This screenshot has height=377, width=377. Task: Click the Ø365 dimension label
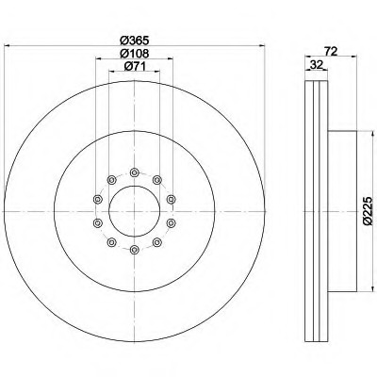coord(135,41)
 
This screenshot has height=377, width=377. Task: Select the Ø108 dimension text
coord(135,54)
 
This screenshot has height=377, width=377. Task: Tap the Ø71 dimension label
coord(135,66)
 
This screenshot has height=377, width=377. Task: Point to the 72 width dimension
coord(331,51)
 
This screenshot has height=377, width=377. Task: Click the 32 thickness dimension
coord(317,65)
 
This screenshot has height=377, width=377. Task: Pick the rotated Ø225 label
coord(368,211)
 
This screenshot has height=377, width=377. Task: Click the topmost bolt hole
coord(135,172)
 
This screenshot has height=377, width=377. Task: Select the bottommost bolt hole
coord(135,250)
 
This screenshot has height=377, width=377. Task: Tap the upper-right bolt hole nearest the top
coord(157,180)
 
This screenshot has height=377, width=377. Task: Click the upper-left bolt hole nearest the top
coord(111,180)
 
